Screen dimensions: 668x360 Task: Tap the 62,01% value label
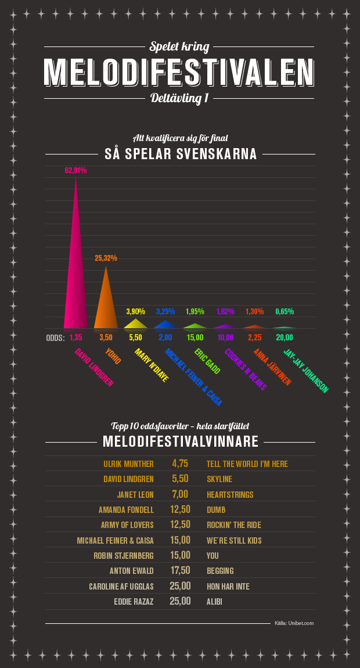75,170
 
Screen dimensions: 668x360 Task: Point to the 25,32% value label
106,257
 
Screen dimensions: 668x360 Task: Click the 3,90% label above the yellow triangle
135,311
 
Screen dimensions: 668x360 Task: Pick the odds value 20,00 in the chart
285,337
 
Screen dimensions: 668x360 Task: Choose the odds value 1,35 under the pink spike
75,337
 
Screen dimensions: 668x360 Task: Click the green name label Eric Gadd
207,361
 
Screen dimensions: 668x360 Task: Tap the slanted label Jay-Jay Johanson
305,371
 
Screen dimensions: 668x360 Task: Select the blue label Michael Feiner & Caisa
193,376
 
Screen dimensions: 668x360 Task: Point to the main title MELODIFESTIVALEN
180,72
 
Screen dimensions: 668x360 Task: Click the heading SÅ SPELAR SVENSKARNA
180,154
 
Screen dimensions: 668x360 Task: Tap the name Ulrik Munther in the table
128,464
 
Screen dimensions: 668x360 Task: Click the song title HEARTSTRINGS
230,494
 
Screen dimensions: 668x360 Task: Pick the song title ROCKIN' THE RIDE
234,525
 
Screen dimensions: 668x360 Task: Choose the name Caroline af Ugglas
121,587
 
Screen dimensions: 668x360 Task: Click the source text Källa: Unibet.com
294,623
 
